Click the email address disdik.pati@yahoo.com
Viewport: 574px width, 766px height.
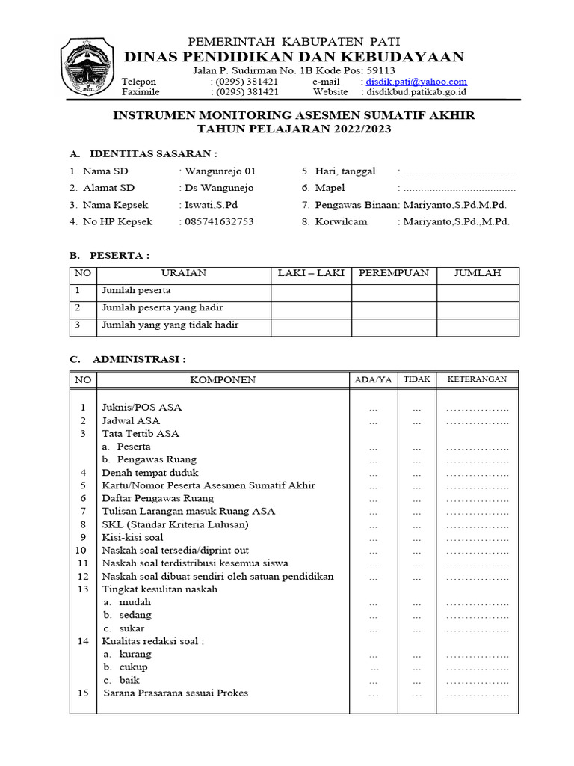[416, 82]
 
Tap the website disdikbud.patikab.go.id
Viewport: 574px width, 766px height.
[415, 92]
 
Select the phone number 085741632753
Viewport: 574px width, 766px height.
[216, 222]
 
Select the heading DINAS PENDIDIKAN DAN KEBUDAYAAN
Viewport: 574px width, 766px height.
[294, 58]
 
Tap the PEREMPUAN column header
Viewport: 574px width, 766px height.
[394, 273]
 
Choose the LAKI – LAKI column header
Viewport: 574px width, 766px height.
[311, 273]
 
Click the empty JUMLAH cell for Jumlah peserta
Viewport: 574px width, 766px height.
[478, 291]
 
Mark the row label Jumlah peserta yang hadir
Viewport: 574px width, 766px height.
[162, 308]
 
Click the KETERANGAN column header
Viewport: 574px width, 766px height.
[477, 379]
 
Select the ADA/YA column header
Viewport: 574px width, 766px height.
[373, 380]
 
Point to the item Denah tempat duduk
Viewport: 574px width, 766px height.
[149, 473]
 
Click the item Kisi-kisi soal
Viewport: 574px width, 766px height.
[132, 537]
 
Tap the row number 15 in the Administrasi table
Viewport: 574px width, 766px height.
[83, 693]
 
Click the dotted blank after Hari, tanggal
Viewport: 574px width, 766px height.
[459, 171]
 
